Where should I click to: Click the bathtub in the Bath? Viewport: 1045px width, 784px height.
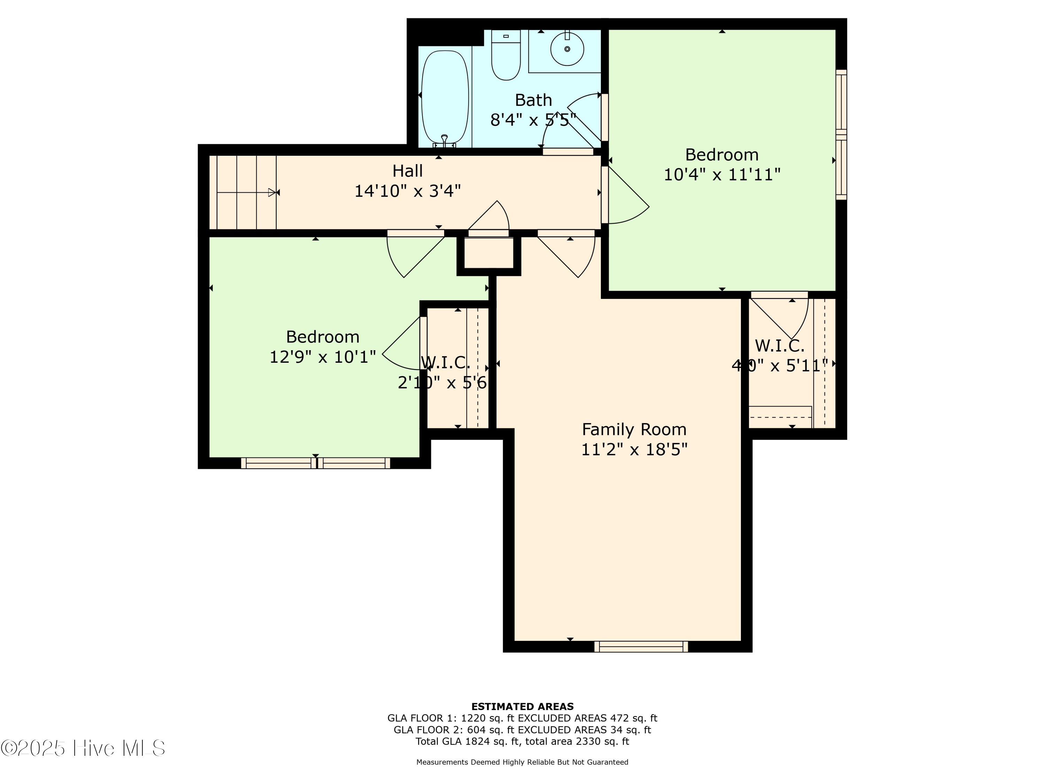444,97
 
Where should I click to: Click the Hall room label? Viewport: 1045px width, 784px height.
407,171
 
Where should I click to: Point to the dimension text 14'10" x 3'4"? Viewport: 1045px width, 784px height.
407,191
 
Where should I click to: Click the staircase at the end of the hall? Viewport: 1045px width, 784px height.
242,192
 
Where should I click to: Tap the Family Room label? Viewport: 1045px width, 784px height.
634,430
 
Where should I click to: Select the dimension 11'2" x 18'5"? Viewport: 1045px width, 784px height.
634,449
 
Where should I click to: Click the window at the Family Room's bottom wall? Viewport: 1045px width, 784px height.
641,646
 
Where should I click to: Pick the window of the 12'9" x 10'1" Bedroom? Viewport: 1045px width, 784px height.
316,463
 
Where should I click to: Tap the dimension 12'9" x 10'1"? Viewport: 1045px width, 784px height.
323,357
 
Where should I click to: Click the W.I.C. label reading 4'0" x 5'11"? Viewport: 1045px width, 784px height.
780,346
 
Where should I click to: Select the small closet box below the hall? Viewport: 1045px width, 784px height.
488,253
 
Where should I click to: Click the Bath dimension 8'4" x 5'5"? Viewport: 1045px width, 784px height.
533,120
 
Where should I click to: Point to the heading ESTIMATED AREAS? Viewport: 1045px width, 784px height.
522,707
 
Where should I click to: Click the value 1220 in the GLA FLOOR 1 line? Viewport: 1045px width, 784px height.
473,718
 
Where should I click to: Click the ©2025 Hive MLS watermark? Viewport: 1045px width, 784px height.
83,748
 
